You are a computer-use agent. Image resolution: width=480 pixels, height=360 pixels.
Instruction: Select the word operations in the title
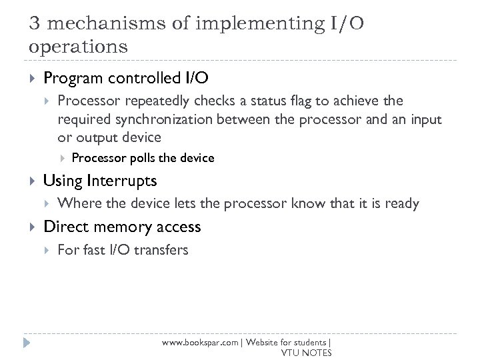point(79,48)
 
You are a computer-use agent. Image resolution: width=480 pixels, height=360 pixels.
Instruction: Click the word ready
point(401,203)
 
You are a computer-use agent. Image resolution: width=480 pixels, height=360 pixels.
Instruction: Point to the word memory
point(124,227)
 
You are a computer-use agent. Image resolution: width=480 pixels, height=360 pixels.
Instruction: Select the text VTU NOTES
point(306,353)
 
